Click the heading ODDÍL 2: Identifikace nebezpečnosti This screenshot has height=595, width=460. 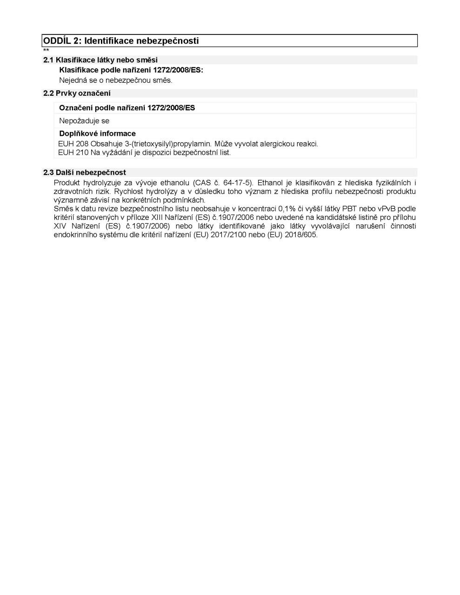(x=121, y=41)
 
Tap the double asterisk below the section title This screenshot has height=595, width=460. (x=46, y=50)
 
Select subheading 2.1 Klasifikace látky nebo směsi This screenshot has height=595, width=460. (x=100, y=60)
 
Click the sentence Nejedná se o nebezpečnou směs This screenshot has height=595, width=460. (x=115, y=80)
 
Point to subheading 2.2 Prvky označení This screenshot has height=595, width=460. (x=77, y=93)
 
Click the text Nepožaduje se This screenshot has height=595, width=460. (x=84, y=121)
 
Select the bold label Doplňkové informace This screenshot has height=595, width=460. (x=97, y=133)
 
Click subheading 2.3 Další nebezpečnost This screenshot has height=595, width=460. (x=85, y=172)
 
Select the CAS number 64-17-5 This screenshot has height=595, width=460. (x=238, y=183)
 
